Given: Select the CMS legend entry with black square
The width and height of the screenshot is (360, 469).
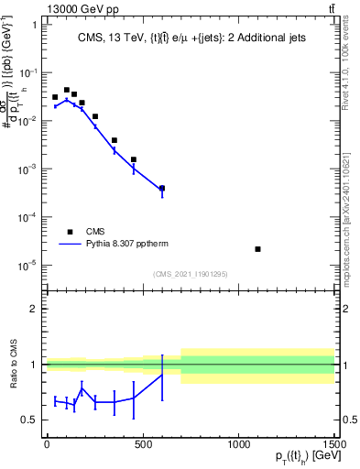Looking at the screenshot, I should pyautogui.click(x=82, y=232).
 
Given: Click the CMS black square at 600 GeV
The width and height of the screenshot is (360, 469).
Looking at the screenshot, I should pyautogui.click(x=162, y=188).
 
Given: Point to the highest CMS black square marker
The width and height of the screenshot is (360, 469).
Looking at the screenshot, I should pyautogui.click(x=66, y=90).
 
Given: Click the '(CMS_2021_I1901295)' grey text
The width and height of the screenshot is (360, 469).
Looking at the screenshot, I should pyautogui.click(x=191, y=274).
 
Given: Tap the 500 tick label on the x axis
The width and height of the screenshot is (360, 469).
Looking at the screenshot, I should pyautogui.click(x=143, y=443).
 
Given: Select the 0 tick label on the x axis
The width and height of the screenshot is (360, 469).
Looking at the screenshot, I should pyautogui.click(x=47, y=443).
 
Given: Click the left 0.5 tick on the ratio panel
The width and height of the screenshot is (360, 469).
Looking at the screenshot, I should pyautogui.click(x=31, y=420).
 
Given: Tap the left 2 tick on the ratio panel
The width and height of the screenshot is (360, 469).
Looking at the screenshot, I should pyautogui.click(x=35, y=309).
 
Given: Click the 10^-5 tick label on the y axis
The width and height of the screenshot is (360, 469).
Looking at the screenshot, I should pyautogui.click(x=27, y=266).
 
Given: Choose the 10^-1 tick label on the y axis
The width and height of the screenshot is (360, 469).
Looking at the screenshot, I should pyautogui.click(x=27, y=72).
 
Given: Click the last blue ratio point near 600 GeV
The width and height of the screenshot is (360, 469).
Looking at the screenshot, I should pyautogui.click(x=162, y=375).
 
